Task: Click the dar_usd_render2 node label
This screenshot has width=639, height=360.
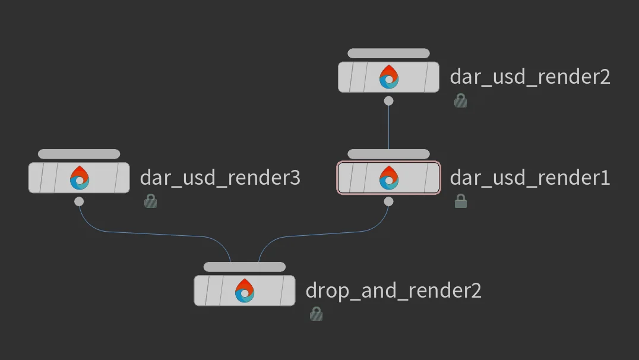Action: (530, 77)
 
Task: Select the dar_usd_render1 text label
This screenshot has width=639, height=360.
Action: (530, 178)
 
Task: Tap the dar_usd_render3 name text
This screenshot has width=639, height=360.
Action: (220, 178)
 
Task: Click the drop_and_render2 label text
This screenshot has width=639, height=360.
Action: (393, 290)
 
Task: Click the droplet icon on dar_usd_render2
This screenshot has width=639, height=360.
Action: (388, 77)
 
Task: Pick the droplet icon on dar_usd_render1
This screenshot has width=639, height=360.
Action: (388, 178)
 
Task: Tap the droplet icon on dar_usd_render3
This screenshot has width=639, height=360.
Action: (79, 178)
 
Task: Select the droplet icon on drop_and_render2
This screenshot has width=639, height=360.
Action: (245, 291)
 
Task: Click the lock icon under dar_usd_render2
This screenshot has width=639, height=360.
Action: (460, 101)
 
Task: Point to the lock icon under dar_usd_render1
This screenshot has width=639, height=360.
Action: (460, 202)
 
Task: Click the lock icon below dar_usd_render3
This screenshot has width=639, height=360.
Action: (150, 202)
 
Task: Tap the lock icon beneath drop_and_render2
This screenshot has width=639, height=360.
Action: (316, 314)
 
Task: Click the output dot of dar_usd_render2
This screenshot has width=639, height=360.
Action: (388, 101)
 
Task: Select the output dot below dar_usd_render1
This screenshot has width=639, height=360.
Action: (388, 202)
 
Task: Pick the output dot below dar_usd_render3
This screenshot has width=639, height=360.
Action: (79, 202)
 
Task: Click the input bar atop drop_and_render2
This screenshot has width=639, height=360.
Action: (245, 267)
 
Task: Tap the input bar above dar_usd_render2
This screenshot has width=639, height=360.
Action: (388, 53)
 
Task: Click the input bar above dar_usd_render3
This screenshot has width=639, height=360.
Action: (79, 154)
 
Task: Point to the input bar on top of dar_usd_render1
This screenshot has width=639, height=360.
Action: (388, 154)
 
